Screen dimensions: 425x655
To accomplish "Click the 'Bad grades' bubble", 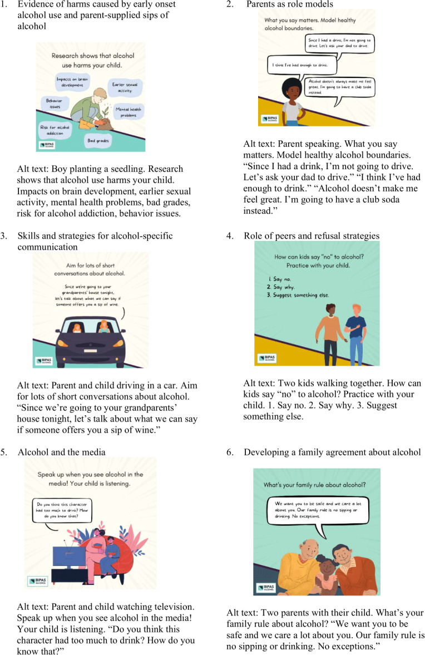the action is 98,141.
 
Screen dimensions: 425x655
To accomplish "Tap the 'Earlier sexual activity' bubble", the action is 125,87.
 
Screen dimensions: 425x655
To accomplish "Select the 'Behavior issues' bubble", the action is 55,104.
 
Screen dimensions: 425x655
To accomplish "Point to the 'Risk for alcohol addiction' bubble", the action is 55,130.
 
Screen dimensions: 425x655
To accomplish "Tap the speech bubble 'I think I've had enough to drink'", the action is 302,65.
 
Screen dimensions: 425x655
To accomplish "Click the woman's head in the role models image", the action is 292,90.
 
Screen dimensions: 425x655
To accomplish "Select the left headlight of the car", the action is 63,343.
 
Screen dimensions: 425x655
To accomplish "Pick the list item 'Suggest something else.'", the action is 298,295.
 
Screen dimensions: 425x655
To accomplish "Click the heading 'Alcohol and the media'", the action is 61,452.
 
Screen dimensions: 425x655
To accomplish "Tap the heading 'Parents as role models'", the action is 290,4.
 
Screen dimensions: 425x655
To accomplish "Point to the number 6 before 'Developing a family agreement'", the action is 230,452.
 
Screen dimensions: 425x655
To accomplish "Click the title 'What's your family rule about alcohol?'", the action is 315,485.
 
